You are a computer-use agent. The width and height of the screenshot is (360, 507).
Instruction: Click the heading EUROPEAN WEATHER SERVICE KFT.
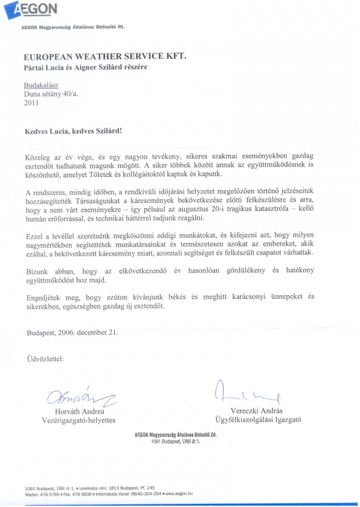tap(105, 55)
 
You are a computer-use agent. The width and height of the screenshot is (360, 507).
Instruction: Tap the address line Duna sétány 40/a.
tap(51, 94)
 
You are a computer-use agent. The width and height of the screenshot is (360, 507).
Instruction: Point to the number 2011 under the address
tap(31, 103)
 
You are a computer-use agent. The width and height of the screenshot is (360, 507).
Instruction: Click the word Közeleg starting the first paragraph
tap(38, 156)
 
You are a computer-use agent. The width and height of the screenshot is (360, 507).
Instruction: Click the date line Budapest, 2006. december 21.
tap(72, 332)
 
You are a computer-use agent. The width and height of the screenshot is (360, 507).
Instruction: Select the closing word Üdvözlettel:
tap(45, 359)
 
